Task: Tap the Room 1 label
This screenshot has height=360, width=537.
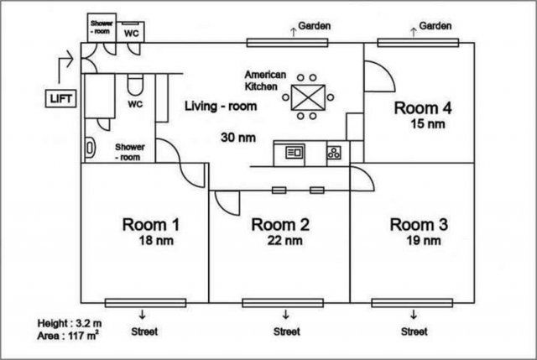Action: pos(151,224)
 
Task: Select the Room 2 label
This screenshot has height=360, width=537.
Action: pos(281,224)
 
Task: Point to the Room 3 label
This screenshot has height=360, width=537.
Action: pos(419,224)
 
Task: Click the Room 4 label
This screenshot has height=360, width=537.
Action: pos(425,108)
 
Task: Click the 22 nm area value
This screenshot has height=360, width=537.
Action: pos(283,241)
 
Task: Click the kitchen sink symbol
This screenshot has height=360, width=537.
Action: pos(295,153)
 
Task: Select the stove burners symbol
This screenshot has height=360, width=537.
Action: pos(333,153)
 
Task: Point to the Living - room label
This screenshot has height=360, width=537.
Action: pos(221,107)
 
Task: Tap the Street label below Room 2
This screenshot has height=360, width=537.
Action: pos(287,331)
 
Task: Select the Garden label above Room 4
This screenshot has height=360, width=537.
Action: pos(436,26)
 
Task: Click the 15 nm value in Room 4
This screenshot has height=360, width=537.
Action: pos(426,125)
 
